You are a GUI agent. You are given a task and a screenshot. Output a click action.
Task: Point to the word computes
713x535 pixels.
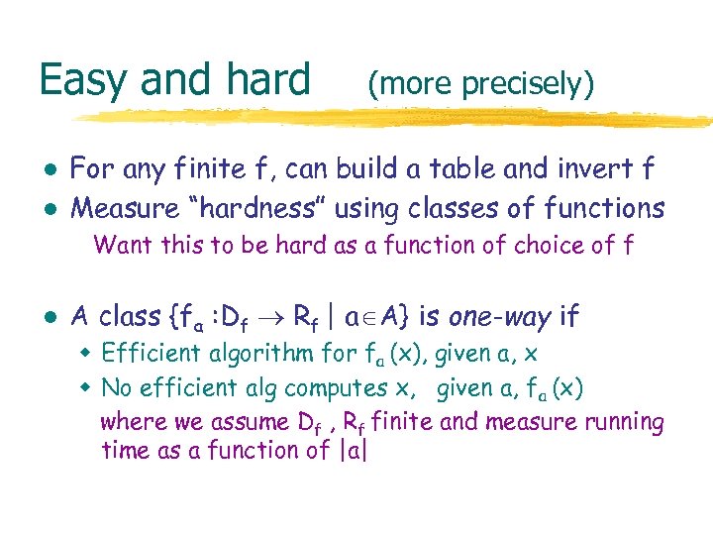pyautogui.click(x=328, y=386)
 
